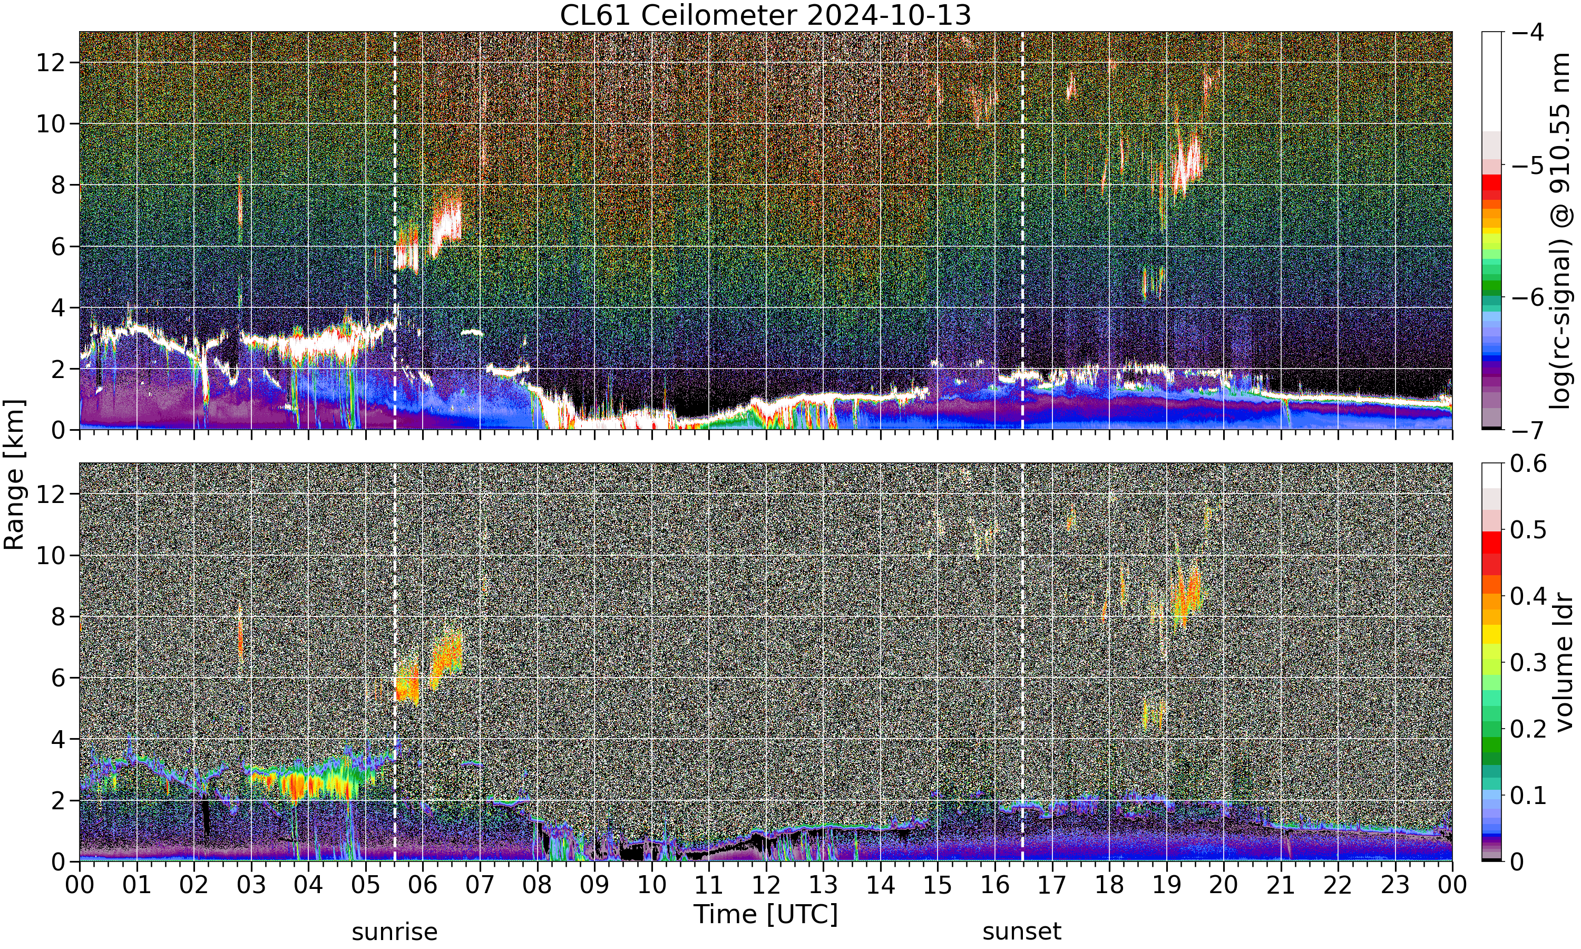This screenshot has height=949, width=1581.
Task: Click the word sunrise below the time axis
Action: [x=395, y=932]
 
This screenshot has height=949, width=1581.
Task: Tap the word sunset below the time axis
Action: [x=1022, y=932]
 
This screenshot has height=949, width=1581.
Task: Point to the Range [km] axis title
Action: [x=14, y=475]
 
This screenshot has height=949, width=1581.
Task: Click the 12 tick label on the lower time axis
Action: [x=766, y=885]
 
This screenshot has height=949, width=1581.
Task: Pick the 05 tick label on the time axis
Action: [x=366, y=885]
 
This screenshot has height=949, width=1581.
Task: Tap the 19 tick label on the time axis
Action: [x=1166, y=885]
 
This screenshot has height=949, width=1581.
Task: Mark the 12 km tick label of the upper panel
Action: [x=51, y=63]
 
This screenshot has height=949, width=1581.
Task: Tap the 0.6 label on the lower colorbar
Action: [x=1529, y=463]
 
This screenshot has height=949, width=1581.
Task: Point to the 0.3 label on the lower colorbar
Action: [x=1529, y=663]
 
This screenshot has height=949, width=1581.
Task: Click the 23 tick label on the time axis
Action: [x=1395, y=885]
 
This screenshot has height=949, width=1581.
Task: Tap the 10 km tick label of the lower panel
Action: [x=51, y=556]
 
